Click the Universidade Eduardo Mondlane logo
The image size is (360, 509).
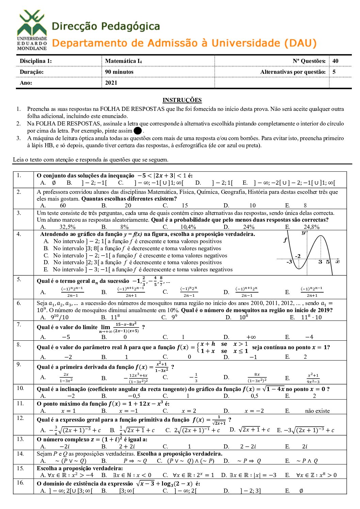[32, 30]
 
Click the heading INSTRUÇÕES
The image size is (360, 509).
[182, 100]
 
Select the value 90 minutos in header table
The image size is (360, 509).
[119, 72]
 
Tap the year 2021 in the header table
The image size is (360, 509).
[111, 83]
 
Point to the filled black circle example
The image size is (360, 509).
[137, 131]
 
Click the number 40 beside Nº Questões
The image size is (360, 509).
[336, 61]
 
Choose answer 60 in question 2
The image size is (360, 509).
[63, 205]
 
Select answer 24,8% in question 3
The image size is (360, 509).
[311, 227]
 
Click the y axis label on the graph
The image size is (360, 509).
[304, 233]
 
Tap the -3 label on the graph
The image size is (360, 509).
[289, 262]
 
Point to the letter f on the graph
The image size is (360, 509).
[285, 240]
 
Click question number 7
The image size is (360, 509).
[19, 324]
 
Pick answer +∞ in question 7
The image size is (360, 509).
[251, 337]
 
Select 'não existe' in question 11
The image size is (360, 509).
[317, 411]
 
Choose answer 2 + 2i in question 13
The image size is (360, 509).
[127, 446]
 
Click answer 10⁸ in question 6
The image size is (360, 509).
[244, 317]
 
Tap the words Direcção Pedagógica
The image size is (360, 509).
[106, 26]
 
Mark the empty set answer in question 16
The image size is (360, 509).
[301, 491]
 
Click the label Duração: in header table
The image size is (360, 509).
[32, 72]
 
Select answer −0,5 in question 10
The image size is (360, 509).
[134, 396]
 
